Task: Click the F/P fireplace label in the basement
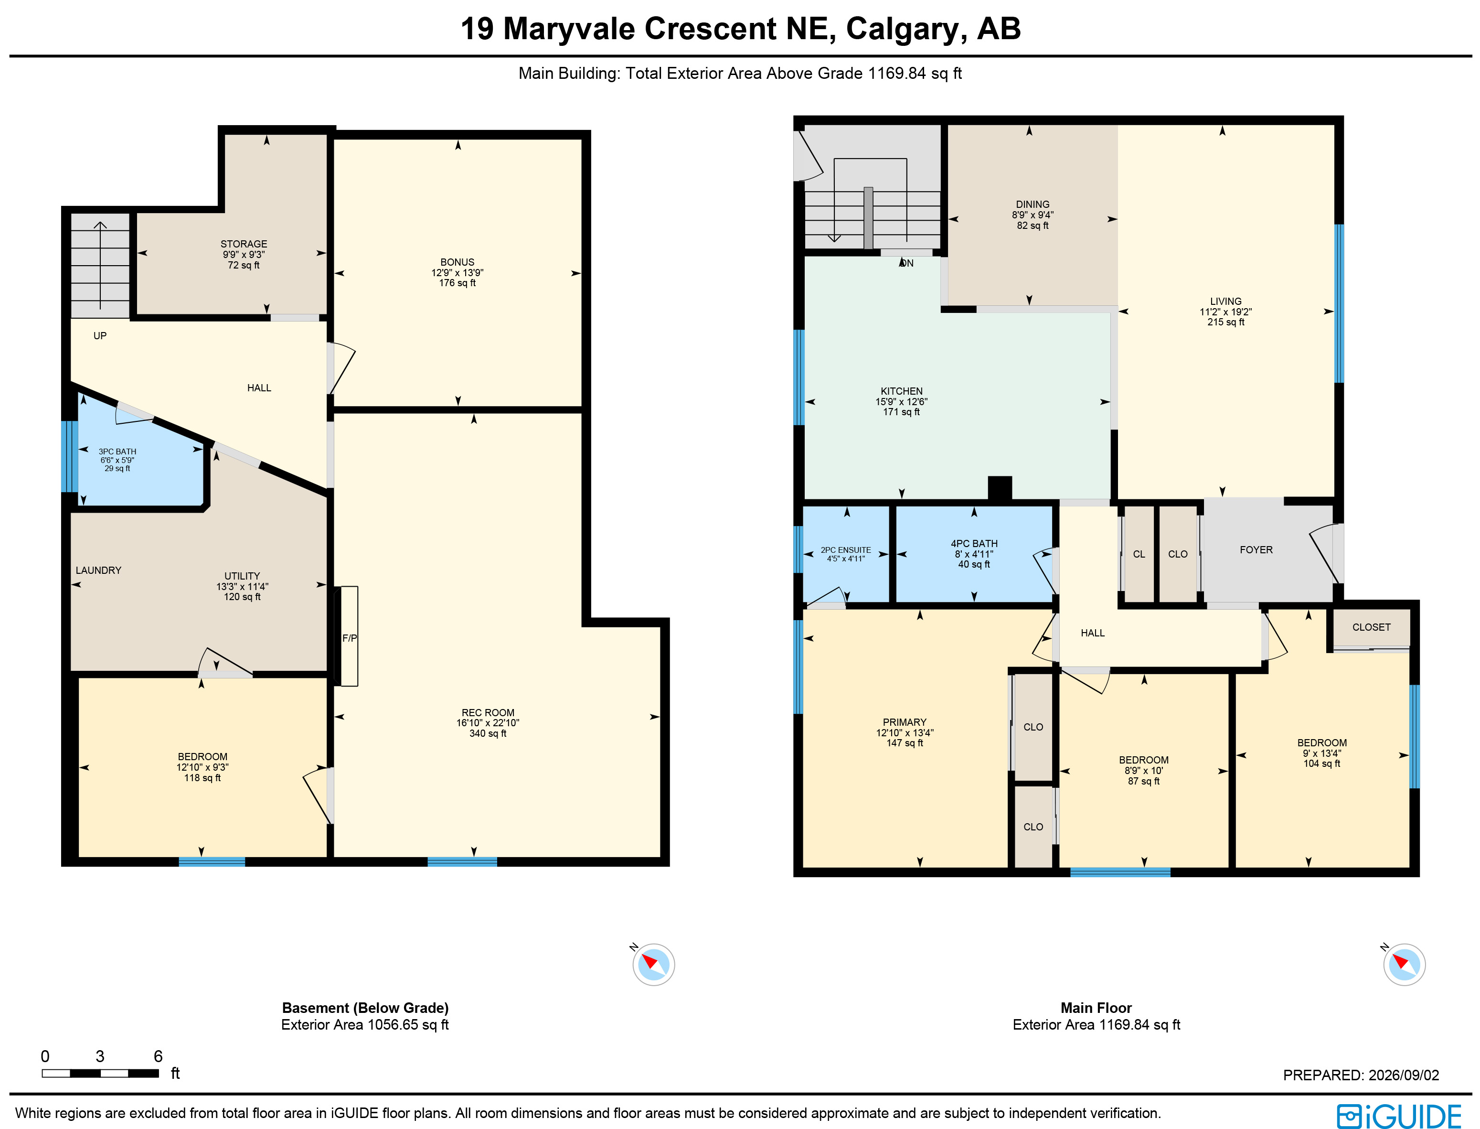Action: click(x=349, y=638)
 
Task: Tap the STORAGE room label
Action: click(x=244, y=244)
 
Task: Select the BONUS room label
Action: click(x=458, y=262)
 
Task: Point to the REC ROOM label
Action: click(x=488, y=712)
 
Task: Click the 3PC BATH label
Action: click(x=117, y=452)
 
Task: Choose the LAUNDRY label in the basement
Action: click(x=99, y=570)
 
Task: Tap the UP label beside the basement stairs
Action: click(x=100, y=336)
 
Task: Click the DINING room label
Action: click(x=1033, y=204)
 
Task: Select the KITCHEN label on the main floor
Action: click(x=902, y=391)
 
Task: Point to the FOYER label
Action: click(x=1256, y=550)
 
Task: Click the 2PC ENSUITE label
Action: click(x=846, y=550)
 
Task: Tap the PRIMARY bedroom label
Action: click(x=905, y=722)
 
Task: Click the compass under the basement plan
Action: click(x=653, y=964)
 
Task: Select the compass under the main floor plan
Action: click(x=1404, y=964)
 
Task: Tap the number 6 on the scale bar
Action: click(x=158, y=1056)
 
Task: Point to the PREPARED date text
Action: click(x=1361, y=1075)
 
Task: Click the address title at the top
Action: click(x=740, y=29)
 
